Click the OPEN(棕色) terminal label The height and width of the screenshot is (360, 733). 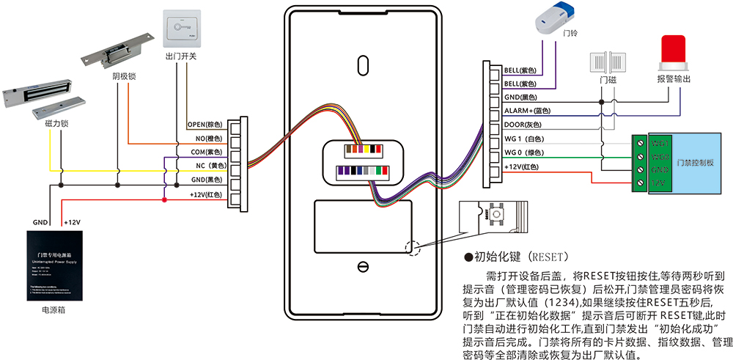pyautogui.click(x=205, y=125)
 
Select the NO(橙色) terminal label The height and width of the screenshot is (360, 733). pyautogui.click(x=209, y=139)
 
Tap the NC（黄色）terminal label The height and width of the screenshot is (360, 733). pyautogui.click(x=207, y=166)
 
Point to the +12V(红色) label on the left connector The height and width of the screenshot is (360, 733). pyautogui.click(x=205, y=194)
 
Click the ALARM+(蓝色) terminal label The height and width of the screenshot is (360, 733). pyautogui.click(x=527, y=111)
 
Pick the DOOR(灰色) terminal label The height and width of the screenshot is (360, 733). pyautogui.click(x=521, y=125)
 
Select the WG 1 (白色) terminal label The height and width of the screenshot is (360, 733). pyautogui.click(x=523, y=139)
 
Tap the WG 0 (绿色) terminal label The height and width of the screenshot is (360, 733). pyautogui.click(x=523, y=153)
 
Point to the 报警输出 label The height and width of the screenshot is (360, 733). pyautogui.click(x=674, y=78)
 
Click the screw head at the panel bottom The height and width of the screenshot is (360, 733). pyautogui.click(x=361, y=265)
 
